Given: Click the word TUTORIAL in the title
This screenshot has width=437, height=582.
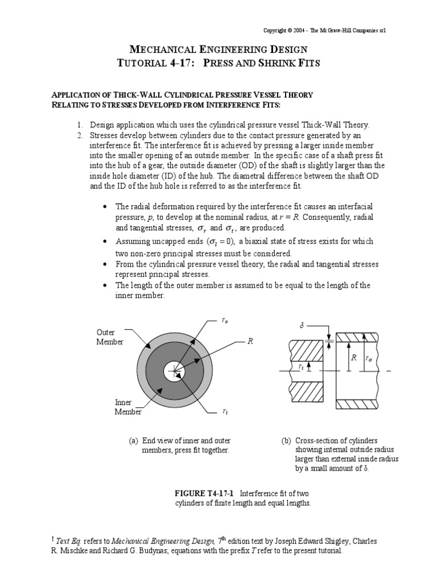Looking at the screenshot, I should point(142,63).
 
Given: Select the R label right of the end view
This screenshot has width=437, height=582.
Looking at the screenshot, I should point(249,341).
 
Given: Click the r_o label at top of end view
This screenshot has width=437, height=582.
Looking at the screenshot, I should point(225,321).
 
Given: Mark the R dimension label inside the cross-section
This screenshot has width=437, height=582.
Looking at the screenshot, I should point(353,358).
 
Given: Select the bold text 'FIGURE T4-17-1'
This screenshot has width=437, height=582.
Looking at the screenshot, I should point(203,493).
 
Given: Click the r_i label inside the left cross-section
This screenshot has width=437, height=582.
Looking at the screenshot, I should point(301,367).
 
